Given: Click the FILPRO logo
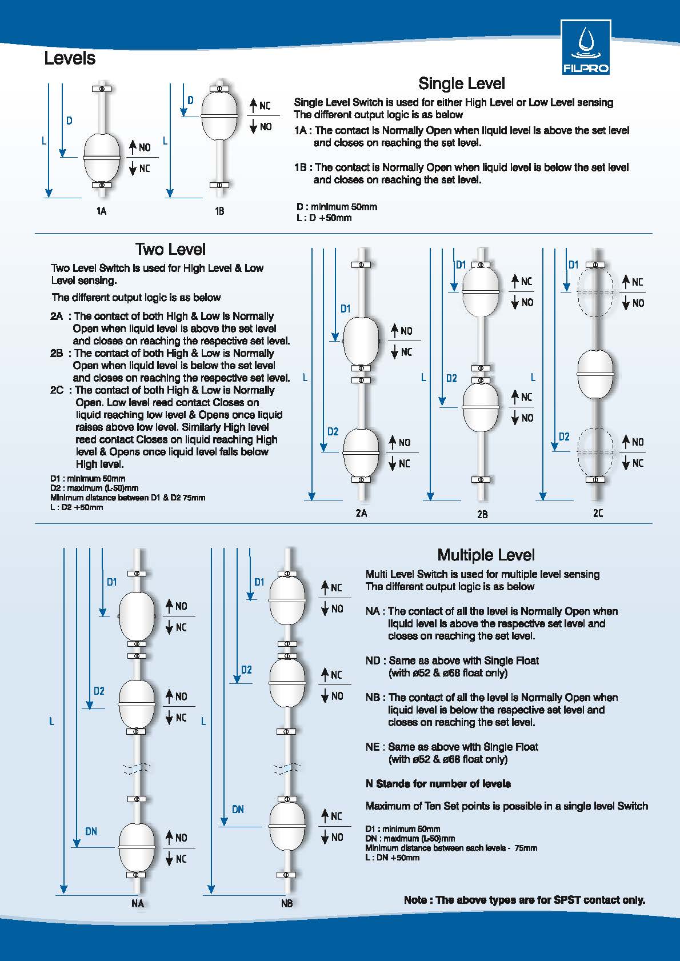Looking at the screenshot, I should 586,47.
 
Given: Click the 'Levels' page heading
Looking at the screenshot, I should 70,58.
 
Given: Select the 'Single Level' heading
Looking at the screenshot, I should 461,83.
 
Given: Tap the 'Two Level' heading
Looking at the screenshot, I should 170,249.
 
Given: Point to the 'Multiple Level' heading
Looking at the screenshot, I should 486,555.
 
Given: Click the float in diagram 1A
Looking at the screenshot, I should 102,157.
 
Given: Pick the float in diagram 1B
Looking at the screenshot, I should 219,116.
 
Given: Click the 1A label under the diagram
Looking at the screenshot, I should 101,211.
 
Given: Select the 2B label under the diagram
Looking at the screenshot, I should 482,514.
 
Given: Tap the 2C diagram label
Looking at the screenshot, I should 598,513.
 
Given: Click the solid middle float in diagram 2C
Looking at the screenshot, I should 596,374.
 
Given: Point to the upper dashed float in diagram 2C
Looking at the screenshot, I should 595,291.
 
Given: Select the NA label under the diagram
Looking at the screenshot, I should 137,903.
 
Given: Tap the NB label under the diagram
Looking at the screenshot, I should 287,903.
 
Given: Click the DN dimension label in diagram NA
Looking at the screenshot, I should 91,831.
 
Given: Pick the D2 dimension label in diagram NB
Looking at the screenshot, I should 246,670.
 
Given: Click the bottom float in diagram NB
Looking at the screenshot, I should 287,825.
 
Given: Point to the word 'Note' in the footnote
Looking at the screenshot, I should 415,900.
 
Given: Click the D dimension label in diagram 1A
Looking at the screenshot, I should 69,121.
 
